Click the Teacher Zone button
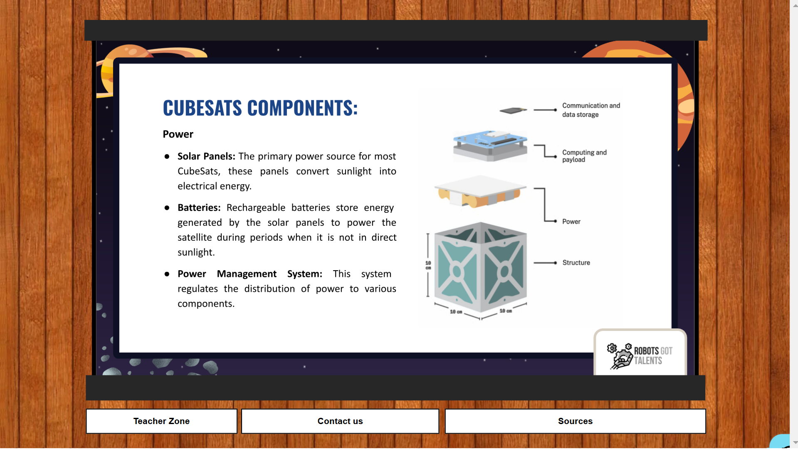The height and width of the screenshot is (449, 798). pos(161,421)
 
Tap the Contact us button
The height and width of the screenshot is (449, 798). pos(340,421)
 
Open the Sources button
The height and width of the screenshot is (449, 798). pos(575,421)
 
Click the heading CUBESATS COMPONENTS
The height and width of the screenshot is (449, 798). pos(260,108)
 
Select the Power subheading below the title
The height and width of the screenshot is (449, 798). pos(178,134)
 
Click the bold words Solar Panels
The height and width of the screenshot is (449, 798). pos(206,156)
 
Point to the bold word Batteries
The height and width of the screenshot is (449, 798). pos(199,207)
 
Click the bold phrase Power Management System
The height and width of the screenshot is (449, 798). pos(250,274)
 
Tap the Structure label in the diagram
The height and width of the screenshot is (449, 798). pos(576,263)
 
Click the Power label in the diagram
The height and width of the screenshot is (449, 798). pos(571,222)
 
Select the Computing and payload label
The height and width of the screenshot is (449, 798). pos(584,156)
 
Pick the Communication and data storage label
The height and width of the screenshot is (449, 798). pos(591,110)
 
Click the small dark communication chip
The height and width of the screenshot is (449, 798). pos(513,111)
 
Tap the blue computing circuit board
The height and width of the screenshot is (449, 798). pos(490,146)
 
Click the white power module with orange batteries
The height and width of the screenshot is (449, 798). pos(480,192)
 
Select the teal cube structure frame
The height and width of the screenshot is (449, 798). pos(480,267)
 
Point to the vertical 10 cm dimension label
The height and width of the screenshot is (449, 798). pos(428,265)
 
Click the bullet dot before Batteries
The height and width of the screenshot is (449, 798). pos(167,208)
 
